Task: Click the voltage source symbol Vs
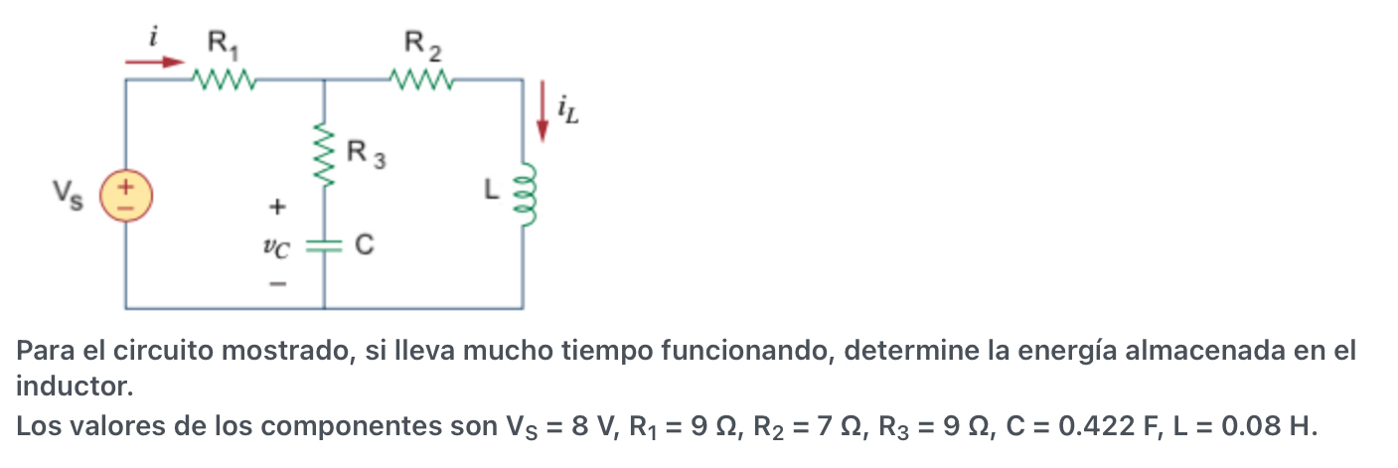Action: click(126, 194)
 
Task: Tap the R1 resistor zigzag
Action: click(225, 78)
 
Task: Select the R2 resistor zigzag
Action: click(423, 78)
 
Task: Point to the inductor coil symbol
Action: click(525, 195)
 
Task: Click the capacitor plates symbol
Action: click(324, 245)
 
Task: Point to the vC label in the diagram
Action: click(279, 247)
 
